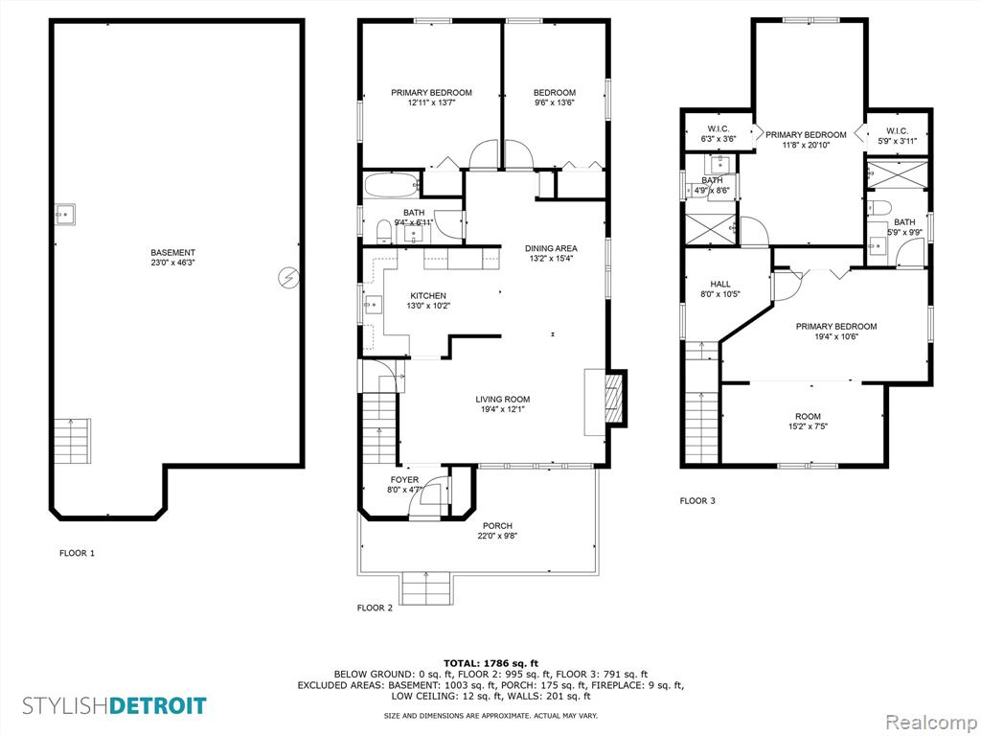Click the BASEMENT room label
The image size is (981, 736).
[172, 253]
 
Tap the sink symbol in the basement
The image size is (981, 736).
[64, 214]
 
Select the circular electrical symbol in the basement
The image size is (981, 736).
[288, 277]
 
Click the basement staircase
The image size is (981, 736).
[72, 441]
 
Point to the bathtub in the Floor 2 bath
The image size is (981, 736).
[392, 185]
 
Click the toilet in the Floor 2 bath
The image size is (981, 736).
[383, 232]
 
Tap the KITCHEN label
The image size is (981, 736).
[428, 296]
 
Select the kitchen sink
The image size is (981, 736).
[374, 306]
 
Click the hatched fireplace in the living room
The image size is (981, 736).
[615, 400]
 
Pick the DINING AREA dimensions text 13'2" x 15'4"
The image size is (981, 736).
[551, 258]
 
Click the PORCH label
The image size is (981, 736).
[498, 526]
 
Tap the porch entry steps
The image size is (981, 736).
[426, 588]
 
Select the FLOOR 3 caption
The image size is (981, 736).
[697, 500]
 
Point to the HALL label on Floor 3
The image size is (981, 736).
[720, 284]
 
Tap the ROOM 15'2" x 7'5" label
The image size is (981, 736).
[808, 422]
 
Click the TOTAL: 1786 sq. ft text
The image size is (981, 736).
[490, 663]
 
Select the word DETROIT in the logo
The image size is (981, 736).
[158, 706]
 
